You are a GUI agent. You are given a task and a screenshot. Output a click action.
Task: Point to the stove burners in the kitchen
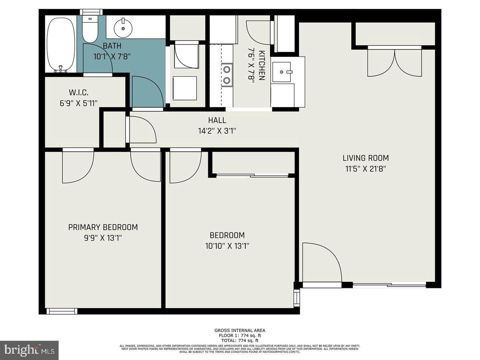[x=227, y=74]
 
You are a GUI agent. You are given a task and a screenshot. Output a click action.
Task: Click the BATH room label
[x=112, y=46]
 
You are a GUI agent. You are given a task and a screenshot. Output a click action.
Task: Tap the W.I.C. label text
[x=78, y=92]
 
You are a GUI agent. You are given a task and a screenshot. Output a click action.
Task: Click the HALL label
[x=217, y=121]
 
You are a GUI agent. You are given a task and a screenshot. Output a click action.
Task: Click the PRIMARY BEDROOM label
[x=103, y=227]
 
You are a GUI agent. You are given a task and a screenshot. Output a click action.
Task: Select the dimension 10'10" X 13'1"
[x=227, y=246]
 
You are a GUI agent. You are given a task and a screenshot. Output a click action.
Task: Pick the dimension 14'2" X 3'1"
[x=217, y=131]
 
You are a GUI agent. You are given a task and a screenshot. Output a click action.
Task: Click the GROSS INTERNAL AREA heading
[x=240, y=331]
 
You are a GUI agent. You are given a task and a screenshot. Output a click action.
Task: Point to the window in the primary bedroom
[x=61, y=311]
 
